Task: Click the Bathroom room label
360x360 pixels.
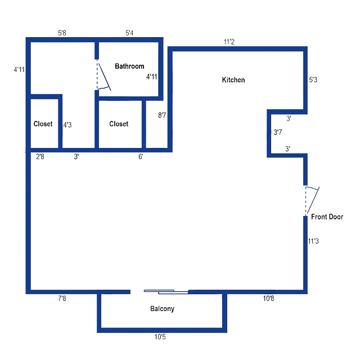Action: pos(129,66)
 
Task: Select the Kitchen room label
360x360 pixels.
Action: pos(233,79)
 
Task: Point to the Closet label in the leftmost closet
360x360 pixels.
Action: pos(43,124)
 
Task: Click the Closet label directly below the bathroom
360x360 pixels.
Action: pos(119,124)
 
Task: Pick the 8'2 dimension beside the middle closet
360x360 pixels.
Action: pos(163,115)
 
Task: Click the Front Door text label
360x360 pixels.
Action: pos(327,216)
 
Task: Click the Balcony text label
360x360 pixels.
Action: pos(163,309)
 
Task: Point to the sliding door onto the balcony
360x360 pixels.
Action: pos(166,291)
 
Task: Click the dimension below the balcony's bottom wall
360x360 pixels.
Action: pos(161,337)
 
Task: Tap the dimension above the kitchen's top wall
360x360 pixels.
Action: pos(228,41)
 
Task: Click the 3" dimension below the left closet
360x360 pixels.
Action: pos(77,157)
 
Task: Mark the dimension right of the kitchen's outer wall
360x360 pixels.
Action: pos(314,80)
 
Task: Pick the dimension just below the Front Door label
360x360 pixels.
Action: pos(315,241)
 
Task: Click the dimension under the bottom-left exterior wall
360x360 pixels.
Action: pos(62,299)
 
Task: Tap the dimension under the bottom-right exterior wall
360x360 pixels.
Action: pos(269,299)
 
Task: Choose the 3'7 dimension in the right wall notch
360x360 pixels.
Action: pos(277,133)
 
